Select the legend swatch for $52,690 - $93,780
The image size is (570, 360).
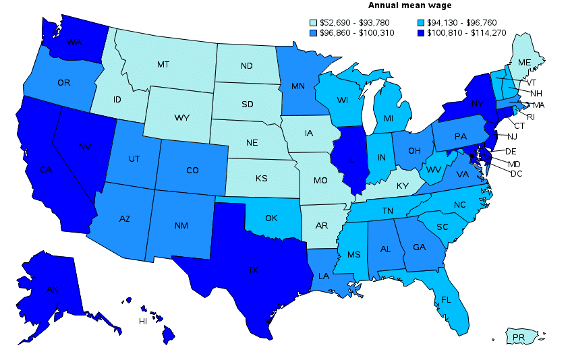pyautogui.click(x=313, y=22)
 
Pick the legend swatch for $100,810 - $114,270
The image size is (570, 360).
pyautogui.click(x=421, y=32)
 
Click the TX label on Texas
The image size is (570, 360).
pyautogui.click(x=253, y=270)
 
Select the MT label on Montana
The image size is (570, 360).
pyautogui.click(x=163, y=65)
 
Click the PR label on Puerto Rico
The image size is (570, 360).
pyautogui.click(x=518, y=336)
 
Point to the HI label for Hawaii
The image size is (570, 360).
pyautogui.click(x=143, y=321)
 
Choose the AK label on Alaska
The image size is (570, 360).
pyautogui.click(x=52, y=290)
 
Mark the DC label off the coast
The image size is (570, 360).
pyautogui.click(x=516, y=173)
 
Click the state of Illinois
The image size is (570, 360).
pyautogui.click(x=351, y=162)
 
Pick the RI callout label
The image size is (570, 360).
pyautogui.click(x=530, y=116)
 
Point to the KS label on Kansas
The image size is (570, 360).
pyautogui.click(x=262, y=179)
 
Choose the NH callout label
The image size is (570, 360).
pyautogui.click(x=536, y=93)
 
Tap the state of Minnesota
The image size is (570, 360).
pyautogui.click(x=297, y=86)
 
